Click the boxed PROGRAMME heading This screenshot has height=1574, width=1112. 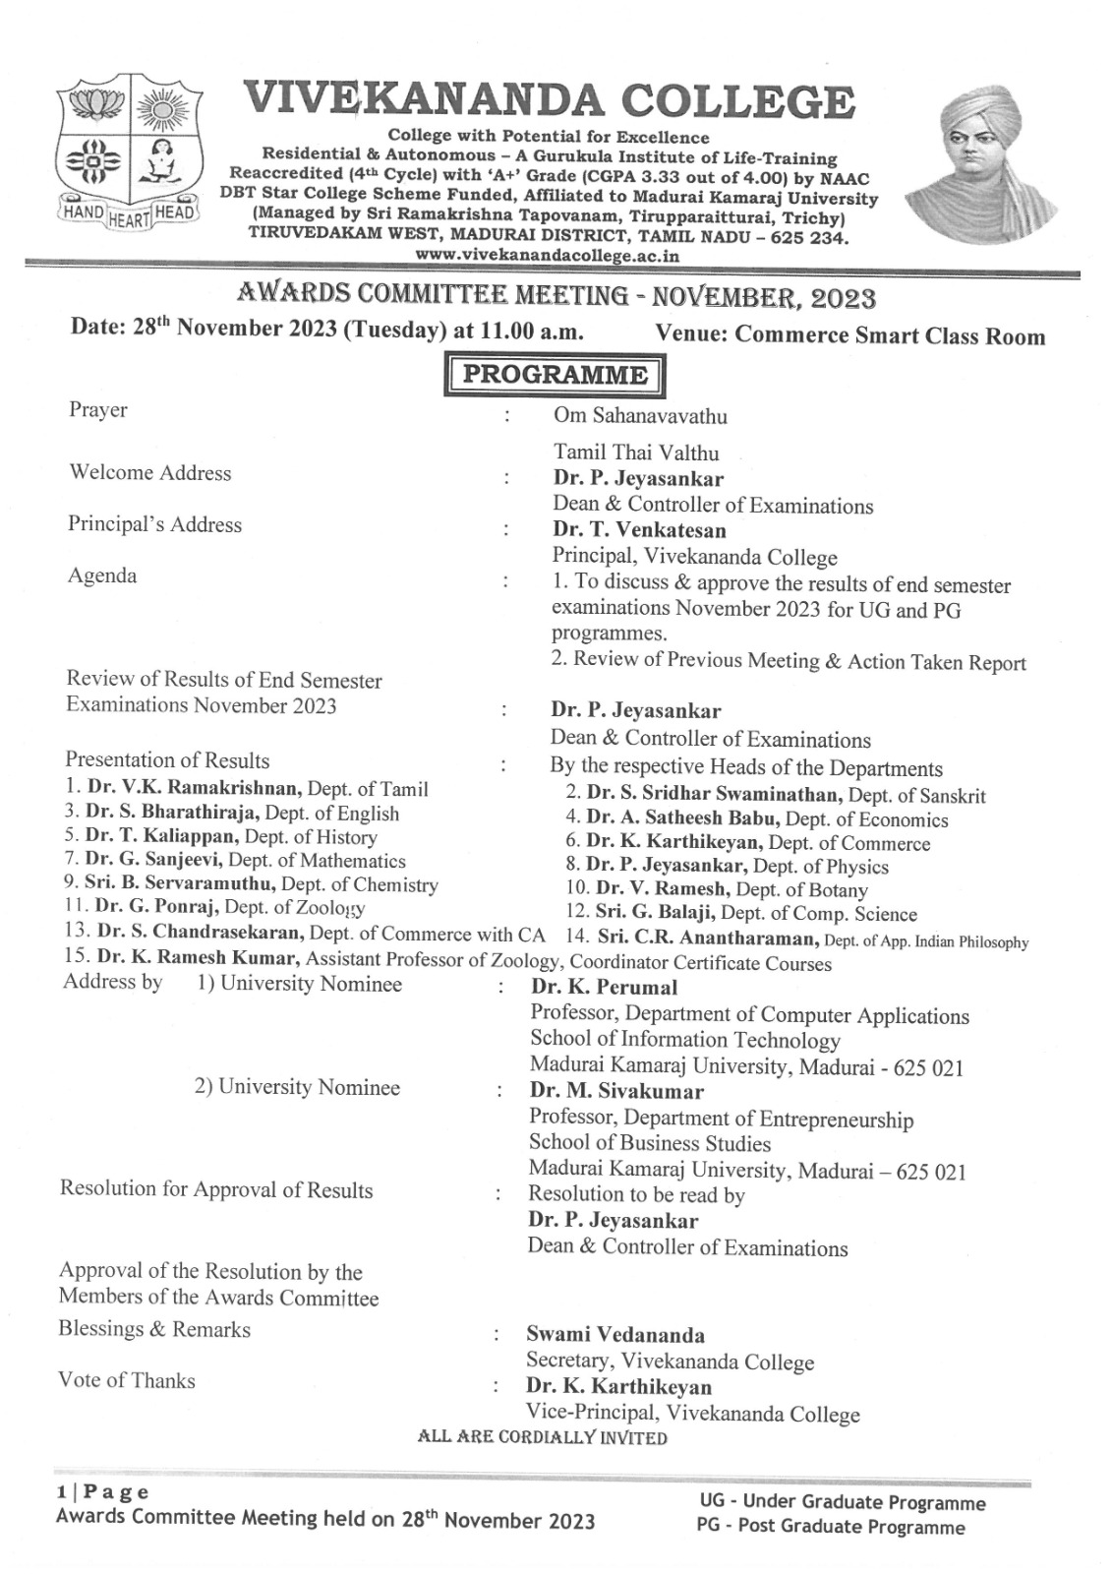556,376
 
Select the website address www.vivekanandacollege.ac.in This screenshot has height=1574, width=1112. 548,254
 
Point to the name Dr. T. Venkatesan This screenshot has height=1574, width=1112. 639,530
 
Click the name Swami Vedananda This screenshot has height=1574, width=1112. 615,1335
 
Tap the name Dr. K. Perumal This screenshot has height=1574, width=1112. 604,987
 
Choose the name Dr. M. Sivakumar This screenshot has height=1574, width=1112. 616,1091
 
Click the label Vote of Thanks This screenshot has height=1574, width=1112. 126,1380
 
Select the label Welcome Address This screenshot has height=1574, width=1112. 149,473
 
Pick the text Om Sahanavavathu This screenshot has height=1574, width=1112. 640,416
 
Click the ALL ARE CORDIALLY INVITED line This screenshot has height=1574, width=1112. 542,1438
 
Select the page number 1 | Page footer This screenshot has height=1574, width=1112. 102,1493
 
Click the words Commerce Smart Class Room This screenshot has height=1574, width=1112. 890,335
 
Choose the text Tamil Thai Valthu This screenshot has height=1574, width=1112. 635,454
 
